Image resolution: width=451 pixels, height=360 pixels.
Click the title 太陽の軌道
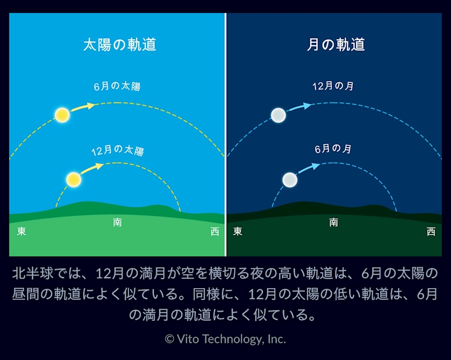pyautogui.click(x=120, y=45)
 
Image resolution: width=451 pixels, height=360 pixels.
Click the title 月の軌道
pyautogui.click(x=336, y=45)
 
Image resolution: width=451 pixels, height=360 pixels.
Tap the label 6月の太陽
pyautogui.click(x=117, y=86)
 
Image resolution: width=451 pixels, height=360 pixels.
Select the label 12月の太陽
pyautogui.click(x=118, y=150)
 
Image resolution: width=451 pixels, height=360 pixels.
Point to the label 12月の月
pyautogui.click(x=333, y=86)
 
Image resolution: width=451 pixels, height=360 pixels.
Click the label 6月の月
pyautogui.click(x=333, y=149)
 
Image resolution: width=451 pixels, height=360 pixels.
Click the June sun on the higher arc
pyautogui.click(x=62, y=115)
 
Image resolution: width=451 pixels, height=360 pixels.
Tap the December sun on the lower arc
pyautogui.click(x=74, y=180)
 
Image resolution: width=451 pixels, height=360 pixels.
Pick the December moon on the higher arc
pyautogui.click(x=279, y=115)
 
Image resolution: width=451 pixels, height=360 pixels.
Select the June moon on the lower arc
pyautogui.click(x=290, y=180)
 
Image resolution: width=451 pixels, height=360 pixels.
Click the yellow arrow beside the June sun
pyautogui.click(x=83, y=107)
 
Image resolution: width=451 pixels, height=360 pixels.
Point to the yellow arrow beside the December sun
pyautogui.click(x=92, y=168)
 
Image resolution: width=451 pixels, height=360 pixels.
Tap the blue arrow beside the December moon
pyautogui.click(x=299, y=107)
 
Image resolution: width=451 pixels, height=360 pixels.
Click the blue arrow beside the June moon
pyautogui.click(x=309, y=168)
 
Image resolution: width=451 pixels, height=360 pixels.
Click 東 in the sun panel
pyautogui.click(x=21, y=231)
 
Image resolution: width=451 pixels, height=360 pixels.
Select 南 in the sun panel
pyautogui.click(x=118, y=222)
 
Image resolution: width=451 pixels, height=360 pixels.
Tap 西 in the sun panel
pyautogui.click(x=215, y=232)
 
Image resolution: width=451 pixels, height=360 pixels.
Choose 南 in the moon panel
pyautogui.click(x=333, y=222)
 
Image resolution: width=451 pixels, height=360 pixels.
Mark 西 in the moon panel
pyautogui.click(x=431, y=232)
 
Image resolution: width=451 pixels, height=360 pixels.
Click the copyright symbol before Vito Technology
pyautogui.click(x=170, y=339)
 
